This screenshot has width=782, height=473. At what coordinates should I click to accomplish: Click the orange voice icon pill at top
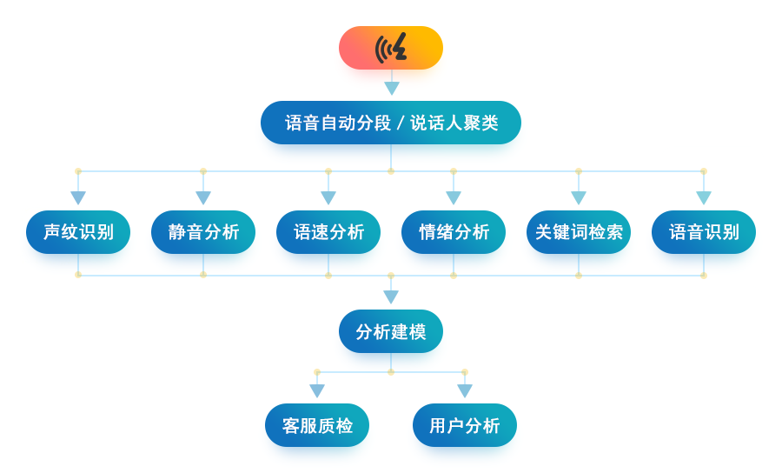pyautogui.click(x=391, y=48)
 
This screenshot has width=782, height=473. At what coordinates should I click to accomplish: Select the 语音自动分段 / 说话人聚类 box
pyautogui.click(x=391, y=123)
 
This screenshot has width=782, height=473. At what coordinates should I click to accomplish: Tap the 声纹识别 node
pyautogui.click(x=78, y=232)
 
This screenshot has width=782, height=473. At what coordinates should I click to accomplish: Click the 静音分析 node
pyautogui.click(x=203, y=232)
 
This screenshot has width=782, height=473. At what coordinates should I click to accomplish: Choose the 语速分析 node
pyautogui.click(x=328, y=232)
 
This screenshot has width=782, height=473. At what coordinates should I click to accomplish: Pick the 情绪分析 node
pyautogui.click(x=454, y=232)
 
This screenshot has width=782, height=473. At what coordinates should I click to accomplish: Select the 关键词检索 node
pyautogui.click(x=579, y=232)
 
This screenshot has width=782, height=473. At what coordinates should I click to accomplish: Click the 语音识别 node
pyautogui.click(x=704, y=232)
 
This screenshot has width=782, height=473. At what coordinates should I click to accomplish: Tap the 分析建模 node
pyautogui.click(x=391, y=331)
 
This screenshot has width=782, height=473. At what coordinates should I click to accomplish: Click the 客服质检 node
pyautogui.click(x=317, y=425)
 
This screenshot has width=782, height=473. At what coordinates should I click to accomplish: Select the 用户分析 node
pyautogui.click(x=465, y=425)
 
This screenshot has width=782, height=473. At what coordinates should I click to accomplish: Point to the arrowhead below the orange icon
pyautogui.click(x=392, y=88)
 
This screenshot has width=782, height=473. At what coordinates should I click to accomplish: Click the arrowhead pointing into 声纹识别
pyautogui.click(x=78, y=197)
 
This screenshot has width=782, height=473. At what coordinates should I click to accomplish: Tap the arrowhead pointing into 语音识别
pyautogui.click(x=704, y=197)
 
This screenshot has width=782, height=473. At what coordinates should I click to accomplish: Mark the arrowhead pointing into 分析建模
pyautogui.click(x=391, y=296)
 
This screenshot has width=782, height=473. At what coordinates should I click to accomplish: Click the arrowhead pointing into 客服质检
pyautogui.click(x=317, y=390)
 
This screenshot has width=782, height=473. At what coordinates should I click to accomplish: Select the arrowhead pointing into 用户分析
pyautogui.click(x=465, y=390)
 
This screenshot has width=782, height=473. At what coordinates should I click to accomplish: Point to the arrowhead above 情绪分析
pyautogui.click(x=454, y=197)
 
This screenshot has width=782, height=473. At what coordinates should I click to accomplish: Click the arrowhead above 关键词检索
pyautogui.click(x=579, y=197)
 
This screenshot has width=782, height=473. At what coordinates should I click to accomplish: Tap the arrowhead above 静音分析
pyautogui.click(x=203, y=197)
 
